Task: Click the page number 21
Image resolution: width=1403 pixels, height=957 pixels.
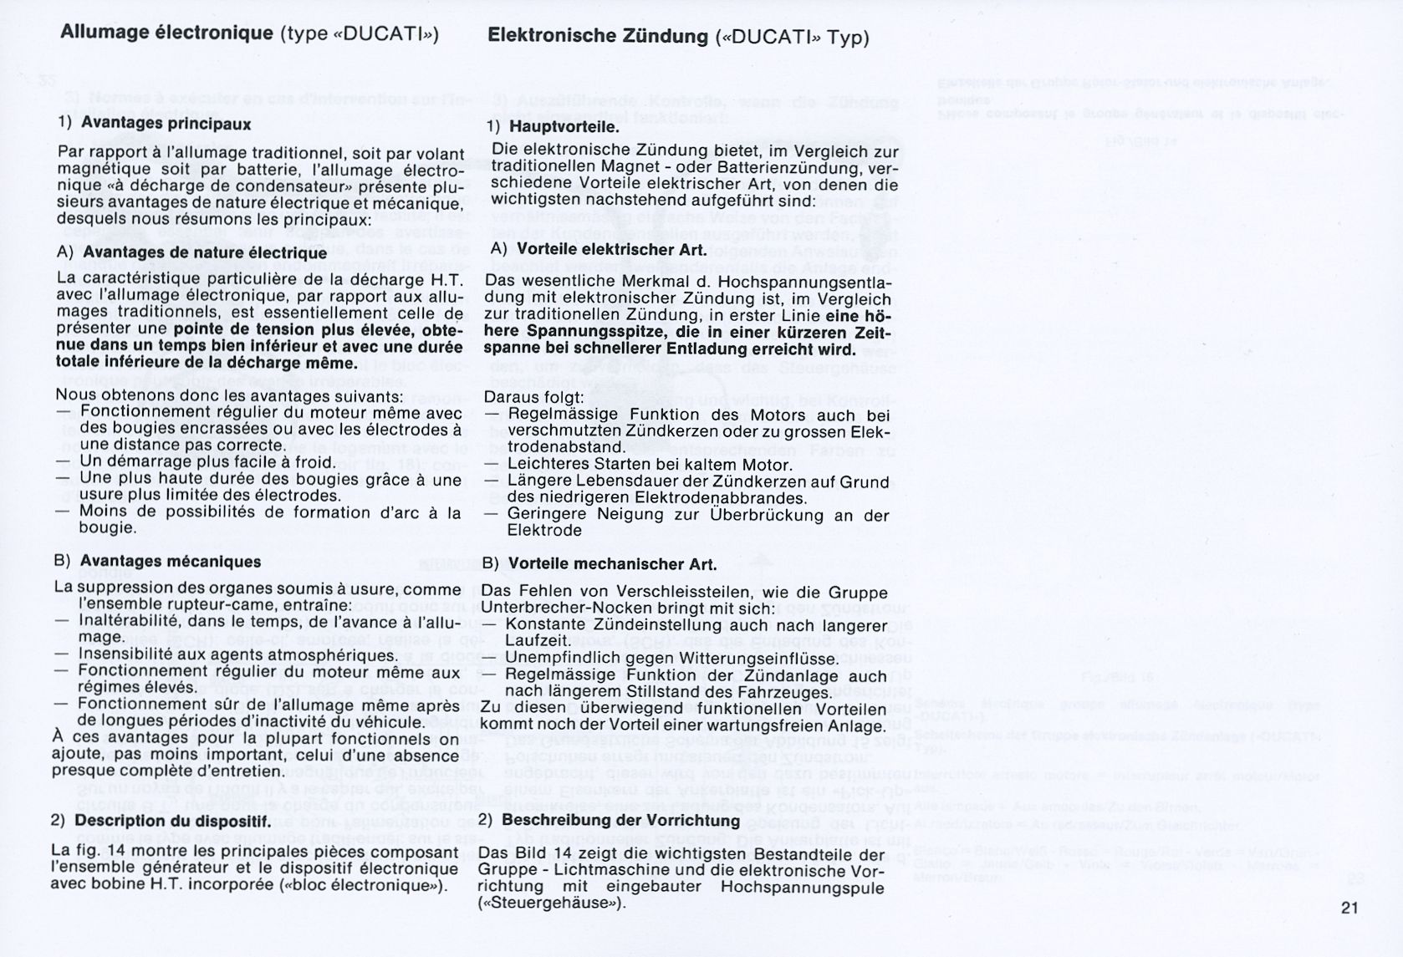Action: point(1349,908)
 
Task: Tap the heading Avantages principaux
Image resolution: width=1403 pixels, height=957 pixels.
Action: point(166,123)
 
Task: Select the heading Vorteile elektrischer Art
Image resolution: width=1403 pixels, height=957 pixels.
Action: point(612,249)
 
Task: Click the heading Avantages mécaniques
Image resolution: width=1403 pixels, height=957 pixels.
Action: point(171,561)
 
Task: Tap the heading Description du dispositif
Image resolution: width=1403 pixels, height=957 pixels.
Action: point(172,821)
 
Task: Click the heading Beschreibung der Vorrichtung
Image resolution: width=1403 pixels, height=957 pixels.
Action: point(620,821)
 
